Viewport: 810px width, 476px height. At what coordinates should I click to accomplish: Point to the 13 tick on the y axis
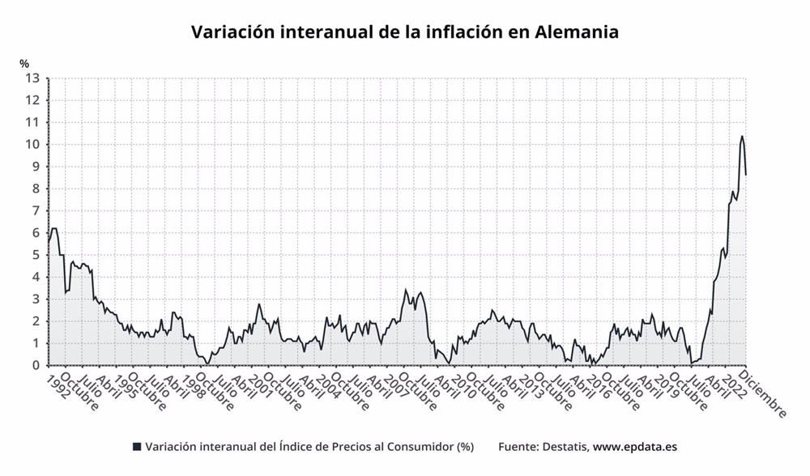point(33,79)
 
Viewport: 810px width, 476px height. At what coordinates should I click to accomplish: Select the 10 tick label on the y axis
point(33,145)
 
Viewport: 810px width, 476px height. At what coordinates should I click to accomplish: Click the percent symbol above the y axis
point(24,62)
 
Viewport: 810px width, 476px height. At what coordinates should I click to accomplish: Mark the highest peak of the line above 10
point(742,136)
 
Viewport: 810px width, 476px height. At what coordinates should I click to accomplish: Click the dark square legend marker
point(137,446)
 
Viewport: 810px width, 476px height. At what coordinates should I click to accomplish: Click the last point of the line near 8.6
point(746,174)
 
